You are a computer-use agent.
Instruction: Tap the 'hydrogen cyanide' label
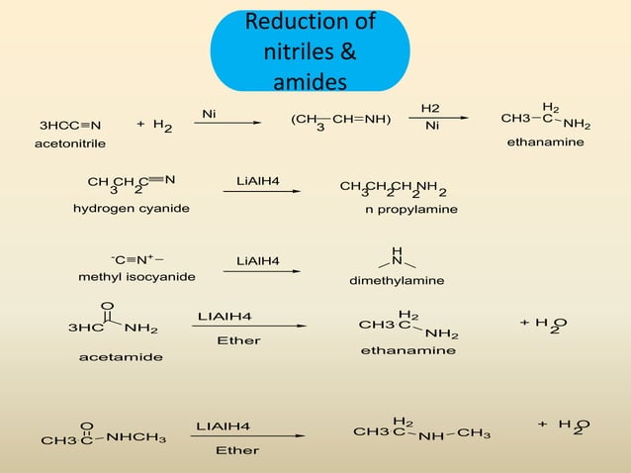click(131, 209)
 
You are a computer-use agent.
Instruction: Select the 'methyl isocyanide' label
click(136, 276)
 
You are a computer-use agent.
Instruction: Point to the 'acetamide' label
click(121, 356)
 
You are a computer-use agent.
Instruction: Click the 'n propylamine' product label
click(411, 210)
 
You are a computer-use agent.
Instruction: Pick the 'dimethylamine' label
click(397, 281)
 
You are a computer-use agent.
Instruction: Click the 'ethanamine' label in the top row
click(545, 142)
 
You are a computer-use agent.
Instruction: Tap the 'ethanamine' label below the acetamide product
click(407, 350)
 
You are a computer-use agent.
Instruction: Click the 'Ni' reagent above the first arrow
click(209, 115)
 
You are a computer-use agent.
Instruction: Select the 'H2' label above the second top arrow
click(431, 107)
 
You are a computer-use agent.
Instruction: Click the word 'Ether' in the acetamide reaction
click(237, 340)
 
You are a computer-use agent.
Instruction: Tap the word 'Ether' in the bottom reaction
click(237, 450)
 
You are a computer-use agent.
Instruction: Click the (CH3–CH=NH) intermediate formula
click(340, 122)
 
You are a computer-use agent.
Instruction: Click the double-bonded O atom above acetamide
click(107, 305)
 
